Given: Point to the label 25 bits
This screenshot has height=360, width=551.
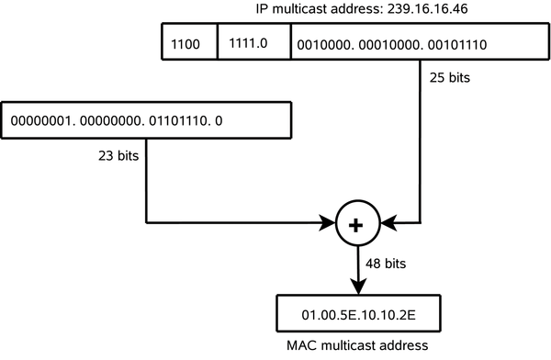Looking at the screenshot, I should [x=449, y=78].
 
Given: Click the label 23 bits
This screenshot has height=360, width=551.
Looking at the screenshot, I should [x=118, y=156].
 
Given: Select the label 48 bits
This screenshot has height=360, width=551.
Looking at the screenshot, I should [x=385, y=264].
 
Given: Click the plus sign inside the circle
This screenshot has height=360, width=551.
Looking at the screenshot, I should [x=354, y=223].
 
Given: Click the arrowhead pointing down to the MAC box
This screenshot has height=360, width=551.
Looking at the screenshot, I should [x=354, y=286].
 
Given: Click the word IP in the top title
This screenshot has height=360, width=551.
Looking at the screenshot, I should [x=263, y=10].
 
